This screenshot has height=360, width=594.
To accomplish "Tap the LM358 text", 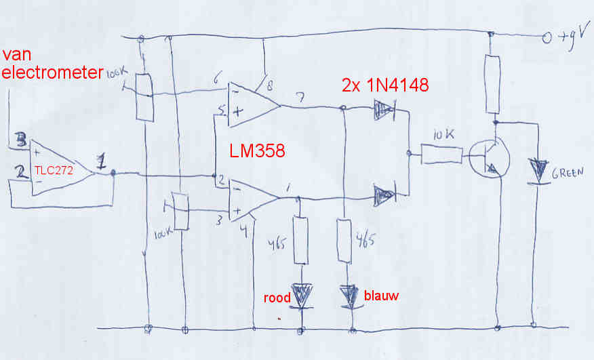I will pyautogui.click(x=258, y=151).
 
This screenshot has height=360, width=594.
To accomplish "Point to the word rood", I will pyautogui.click(x=277, y=298).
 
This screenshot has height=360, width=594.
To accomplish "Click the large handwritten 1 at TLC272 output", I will pyautogui.click(x=102, y=163).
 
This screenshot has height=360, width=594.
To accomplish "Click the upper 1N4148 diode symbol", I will pyautogui.click(x=384, y=109).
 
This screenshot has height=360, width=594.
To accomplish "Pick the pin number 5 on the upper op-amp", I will pyautogui.click(x=221, y=110).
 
